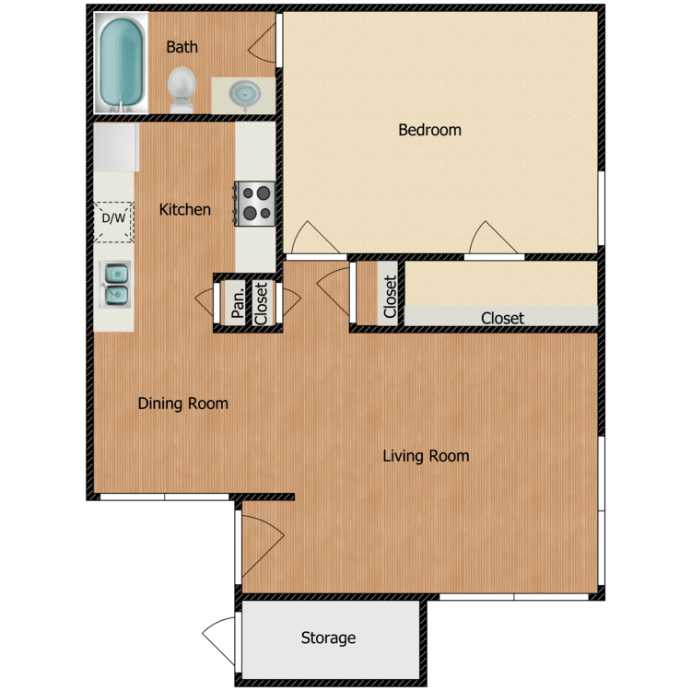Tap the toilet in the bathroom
click(x=182, y=89)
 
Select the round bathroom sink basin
click(x=244, y=93)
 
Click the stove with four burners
click(x=256, y=204)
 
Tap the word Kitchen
click(x=185, y=210)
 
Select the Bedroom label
click(x=429, y=130)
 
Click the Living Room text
click(x=426, y=456)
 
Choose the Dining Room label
click(x=183, y=404)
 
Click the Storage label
click(x=328, y=638)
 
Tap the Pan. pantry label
click(x=237, y=300)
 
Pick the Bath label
click(x=182, y=47)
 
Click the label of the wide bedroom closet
click(x=502, y=318)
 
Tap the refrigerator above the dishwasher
click(x=116, y=147)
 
